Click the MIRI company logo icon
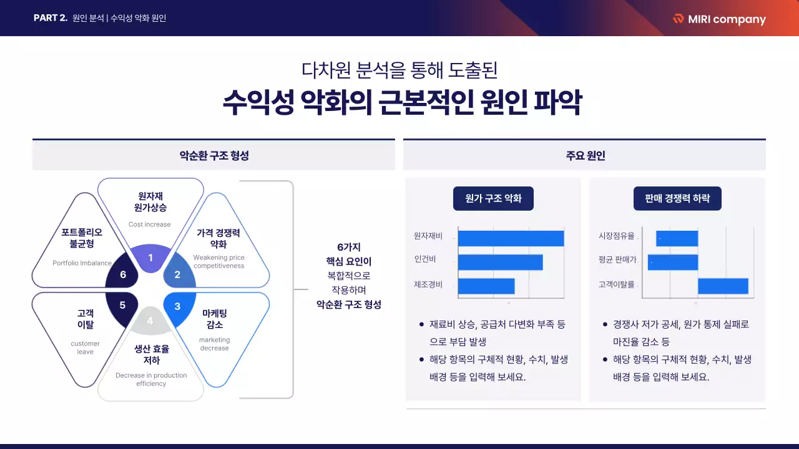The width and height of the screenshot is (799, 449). click(x=679, y=19)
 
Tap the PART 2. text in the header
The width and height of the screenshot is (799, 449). click(x=51, y=18)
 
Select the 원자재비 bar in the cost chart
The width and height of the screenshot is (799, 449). click(x=511, y=238)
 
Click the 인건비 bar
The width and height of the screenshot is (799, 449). click(x=500, y=262)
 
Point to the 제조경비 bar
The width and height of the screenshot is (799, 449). click(x=486, y=286)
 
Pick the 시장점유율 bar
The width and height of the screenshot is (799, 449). click(x=677, y=238)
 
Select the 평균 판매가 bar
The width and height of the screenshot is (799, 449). click(x=673, y=262)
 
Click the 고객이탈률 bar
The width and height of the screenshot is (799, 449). click(x=723, y=286)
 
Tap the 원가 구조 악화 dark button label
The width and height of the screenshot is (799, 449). click(x=493, y=199)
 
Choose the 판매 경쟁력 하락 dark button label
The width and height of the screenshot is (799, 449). click(x=677, y=199)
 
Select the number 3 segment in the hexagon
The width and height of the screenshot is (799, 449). click(x=177, y=306)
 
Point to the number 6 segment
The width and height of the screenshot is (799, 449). click(x=123, y=274)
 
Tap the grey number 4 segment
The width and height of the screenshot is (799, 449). click(x=150, y=321)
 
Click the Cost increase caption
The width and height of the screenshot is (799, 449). click(x=150, y=224)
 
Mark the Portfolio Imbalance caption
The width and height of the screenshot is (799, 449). click(x=82, y=263)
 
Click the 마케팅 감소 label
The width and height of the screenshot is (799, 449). click(x=214, y=319)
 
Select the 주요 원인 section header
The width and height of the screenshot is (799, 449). click(x=584, y=155)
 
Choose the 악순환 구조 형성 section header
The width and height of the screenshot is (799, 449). click(x=213, y=155)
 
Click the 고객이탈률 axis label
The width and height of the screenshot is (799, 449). click(x=616, y=285)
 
